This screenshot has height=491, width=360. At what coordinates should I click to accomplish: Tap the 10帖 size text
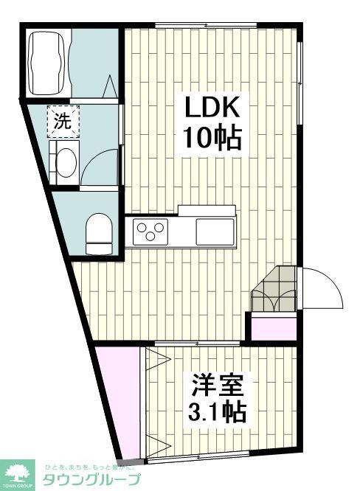pos(212,137)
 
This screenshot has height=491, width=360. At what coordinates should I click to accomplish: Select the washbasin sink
pos(64,161)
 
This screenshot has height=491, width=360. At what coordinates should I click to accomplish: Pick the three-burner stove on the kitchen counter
pos(152,233)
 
